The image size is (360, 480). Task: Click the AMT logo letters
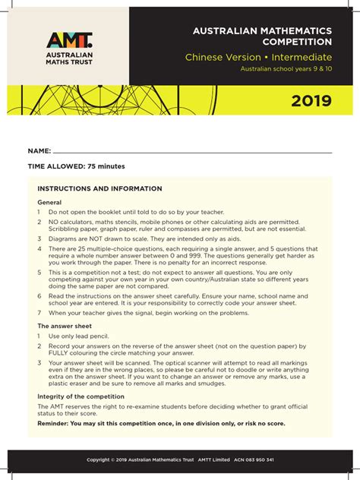[70, 41]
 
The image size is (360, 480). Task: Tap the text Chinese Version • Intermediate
[258, 58]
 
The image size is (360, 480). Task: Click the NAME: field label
[39, 152]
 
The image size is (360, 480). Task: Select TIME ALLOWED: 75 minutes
[66, 166]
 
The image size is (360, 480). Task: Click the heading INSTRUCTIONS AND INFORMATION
[99, 188]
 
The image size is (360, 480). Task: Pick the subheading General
[49, 203]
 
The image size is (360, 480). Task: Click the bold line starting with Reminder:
[161, 423]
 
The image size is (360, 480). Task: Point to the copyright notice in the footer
[180, 460]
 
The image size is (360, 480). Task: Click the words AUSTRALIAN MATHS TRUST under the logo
[70, 61]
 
